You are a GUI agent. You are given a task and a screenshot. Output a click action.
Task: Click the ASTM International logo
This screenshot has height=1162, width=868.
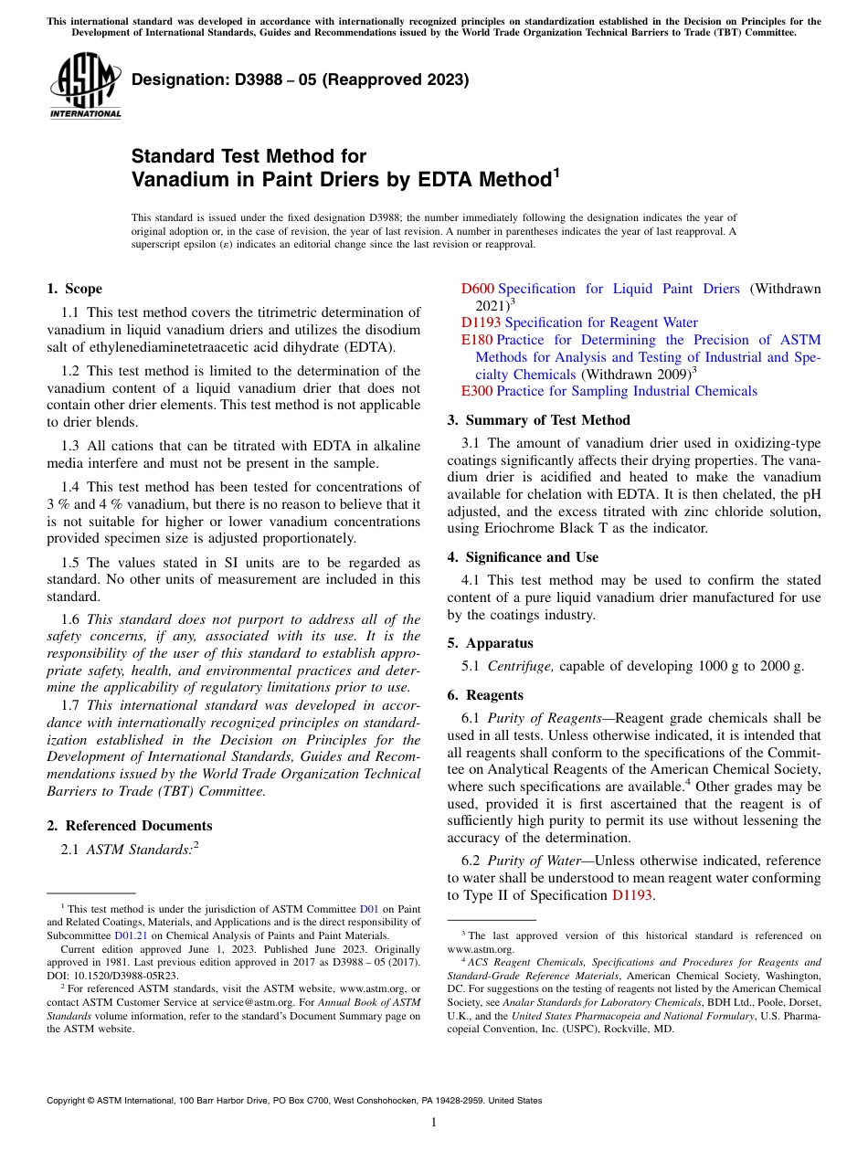85,84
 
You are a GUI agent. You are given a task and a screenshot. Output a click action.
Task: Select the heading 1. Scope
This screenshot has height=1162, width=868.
75,289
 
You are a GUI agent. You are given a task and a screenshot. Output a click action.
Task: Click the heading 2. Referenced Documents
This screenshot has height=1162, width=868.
130,826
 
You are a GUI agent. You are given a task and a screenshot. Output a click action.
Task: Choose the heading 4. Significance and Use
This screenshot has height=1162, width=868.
523,557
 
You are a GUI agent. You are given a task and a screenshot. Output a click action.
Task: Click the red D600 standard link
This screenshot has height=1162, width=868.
477,289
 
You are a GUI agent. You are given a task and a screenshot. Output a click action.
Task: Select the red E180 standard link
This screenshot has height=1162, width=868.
476,340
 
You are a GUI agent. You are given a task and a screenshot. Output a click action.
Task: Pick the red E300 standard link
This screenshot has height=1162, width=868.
476,391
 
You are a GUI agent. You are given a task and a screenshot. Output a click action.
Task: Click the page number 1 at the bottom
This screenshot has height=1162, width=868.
434,1122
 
